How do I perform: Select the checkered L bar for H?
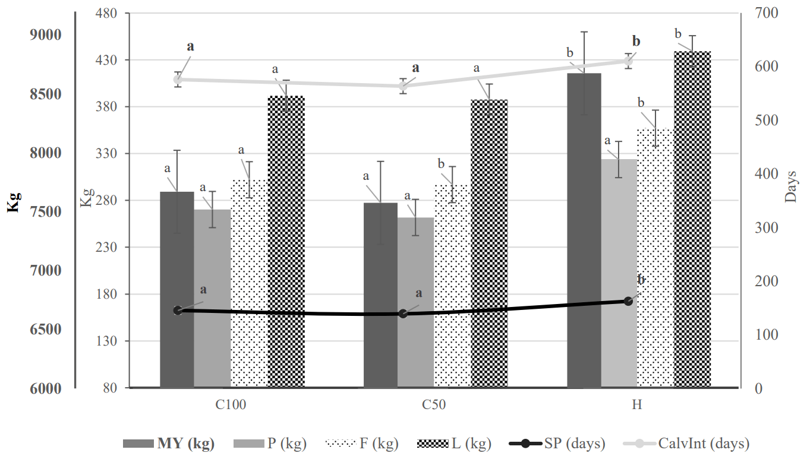(692, 219)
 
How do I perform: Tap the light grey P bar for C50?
(415, 302)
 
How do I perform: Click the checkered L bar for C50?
(489, 243)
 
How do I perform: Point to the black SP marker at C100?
(178, 311)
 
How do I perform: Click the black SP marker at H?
(629, 301)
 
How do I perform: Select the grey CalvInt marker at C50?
(403, 86)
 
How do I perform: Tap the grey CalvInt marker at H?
(629, 61)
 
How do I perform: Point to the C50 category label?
(434, 406)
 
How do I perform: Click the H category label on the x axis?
(636, 406)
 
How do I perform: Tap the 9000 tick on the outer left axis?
(46, 35)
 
